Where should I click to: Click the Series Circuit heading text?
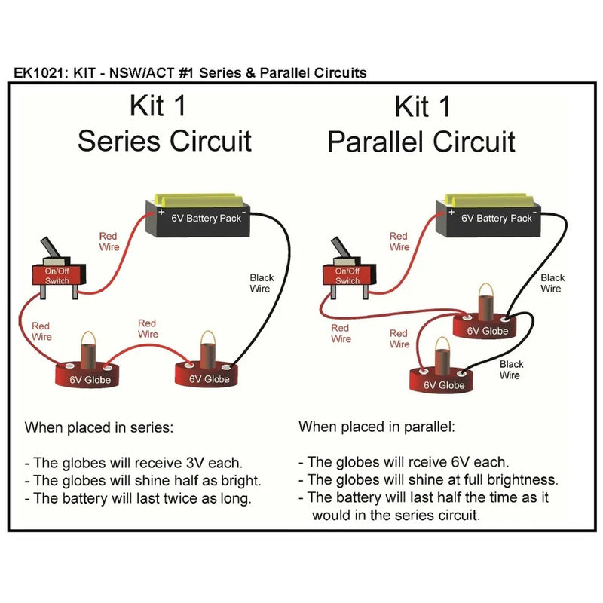[x=164, y=141]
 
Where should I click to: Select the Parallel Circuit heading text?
[x=421, y=141]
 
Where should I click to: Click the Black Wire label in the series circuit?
[x=262, y=283]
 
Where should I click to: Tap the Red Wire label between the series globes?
[x=148, y=329]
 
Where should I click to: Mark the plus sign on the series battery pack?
[x=161, y=213]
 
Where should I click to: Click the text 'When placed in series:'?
[x=99, y=427]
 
